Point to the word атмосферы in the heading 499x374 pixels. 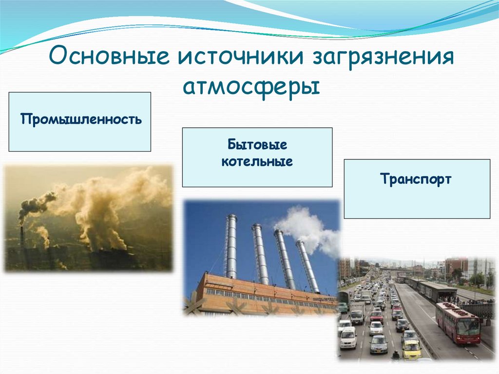[251, 86]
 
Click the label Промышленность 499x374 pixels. [81, 119]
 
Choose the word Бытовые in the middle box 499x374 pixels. [257, 145]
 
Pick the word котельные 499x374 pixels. [257, 161]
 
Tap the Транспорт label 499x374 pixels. [416, 179]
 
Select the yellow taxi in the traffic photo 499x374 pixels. [411, 349]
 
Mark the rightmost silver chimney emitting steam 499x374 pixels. [307, 266]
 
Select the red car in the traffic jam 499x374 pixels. [376, 316]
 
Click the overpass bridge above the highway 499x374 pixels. [398, 270]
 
